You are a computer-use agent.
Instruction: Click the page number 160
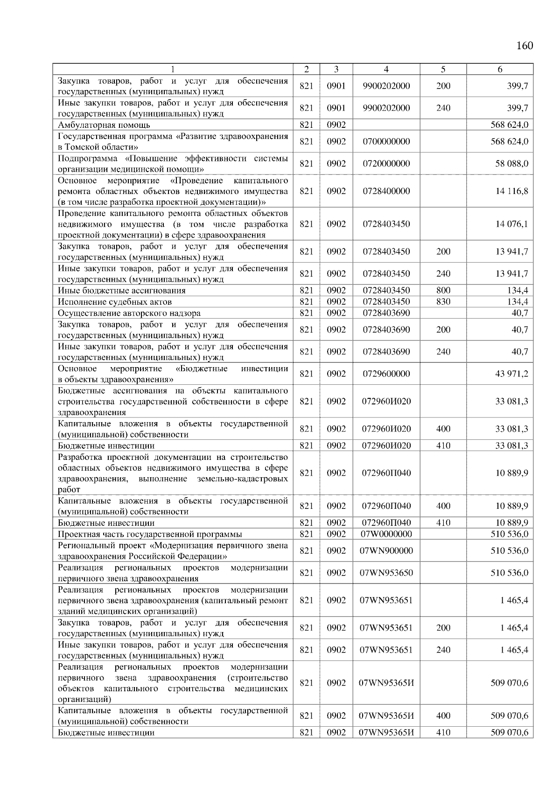[525, 45]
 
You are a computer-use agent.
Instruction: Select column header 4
[386, 69]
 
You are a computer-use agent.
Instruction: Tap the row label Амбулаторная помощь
[104, 125]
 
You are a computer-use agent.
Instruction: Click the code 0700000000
[386, 141]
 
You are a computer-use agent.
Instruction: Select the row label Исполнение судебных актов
[115, 302]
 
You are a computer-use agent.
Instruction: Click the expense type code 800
[443, 291]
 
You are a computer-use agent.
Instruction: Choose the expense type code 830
[443, 302]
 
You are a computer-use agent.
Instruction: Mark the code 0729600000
[386, 374]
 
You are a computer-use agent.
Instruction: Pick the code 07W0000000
[386, 534]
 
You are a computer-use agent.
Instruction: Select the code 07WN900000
[386, 551]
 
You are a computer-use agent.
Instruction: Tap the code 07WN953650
[386, 573]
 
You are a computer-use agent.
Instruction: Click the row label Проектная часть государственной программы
[150, 534]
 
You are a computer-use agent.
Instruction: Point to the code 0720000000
[386, 164]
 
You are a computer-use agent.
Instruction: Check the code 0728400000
[386, 191]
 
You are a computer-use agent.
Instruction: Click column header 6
[499, 69]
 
